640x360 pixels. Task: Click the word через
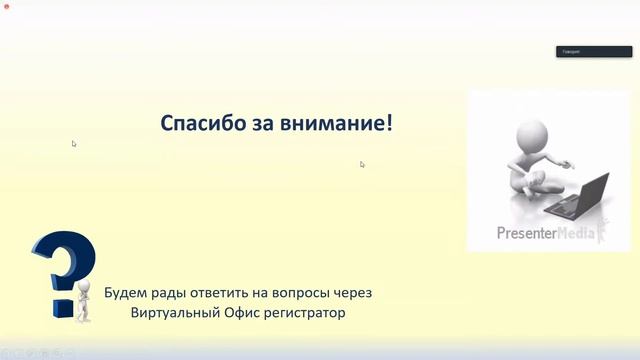tap(353, 293)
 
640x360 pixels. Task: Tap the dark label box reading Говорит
tap(579, 51)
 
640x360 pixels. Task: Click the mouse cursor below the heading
tap(362, 164)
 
